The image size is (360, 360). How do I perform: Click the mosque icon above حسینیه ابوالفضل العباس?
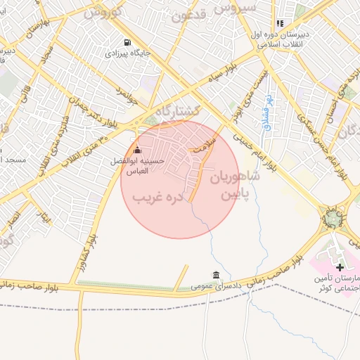coord(137,150)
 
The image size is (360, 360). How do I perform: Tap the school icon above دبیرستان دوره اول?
coord(281,23)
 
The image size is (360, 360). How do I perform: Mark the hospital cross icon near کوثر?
coord(340,267)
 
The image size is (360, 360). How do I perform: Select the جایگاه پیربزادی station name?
coord(126,53)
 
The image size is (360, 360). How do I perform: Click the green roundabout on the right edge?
coord(330,217)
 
